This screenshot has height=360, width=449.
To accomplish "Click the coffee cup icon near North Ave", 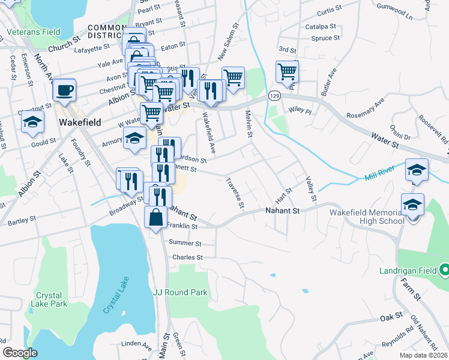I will (64, 91).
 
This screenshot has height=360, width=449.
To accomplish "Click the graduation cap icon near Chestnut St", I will (32, 123).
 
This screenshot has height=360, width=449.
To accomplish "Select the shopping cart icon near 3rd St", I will (288, 72).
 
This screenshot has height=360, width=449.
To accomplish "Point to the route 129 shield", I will (274, 96).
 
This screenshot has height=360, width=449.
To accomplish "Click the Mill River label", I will (380, 177).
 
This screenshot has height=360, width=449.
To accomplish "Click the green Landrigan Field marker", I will (444, 270).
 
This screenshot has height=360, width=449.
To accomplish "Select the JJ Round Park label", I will (180, 293).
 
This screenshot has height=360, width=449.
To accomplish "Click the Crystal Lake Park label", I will (51, 299).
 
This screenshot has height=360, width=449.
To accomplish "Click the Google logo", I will (20, 353).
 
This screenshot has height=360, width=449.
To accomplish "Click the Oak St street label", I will (390, 317).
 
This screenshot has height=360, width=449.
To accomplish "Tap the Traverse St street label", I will (235, 193).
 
